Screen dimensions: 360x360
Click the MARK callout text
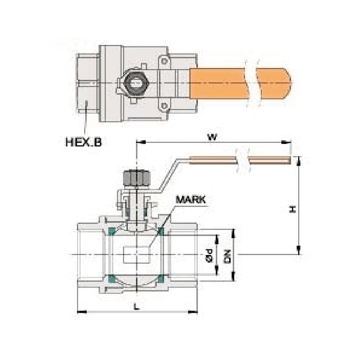tap(190, 199)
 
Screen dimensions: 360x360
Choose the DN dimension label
tap(228, 255)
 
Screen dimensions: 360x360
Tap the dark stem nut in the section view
tap(136, 178)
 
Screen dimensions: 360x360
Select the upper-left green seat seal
tap(112, 231)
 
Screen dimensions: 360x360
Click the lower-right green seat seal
tap(160, 279)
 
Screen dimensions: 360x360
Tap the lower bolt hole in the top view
tap(164, 106)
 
